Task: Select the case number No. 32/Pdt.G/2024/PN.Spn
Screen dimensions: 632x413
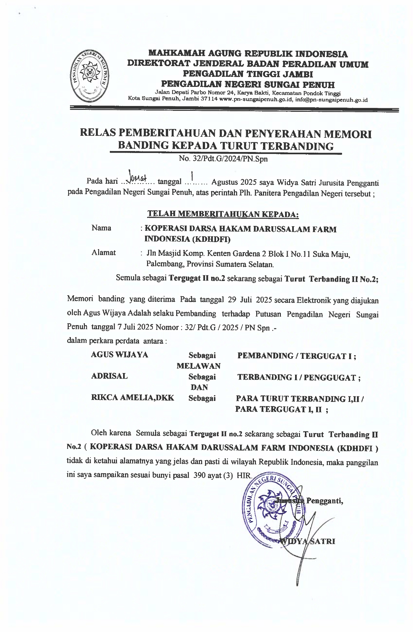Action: (223, 159)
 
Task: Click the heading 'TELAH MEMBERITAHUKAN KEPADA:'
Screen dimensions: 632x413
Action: (223, 214)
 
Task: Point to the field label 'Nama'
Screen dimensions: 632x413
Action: (101, 228)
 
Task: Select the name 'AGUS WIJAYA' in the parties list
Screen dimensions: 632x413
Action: (119, 355)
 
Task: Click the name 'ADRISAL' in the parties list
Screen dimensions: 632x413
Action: (109, 376)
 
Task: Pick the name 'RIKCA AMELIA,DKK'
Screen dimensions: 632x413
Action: (132, 398)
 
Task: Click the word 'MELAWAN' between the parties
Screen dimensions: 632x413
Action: (198, 366)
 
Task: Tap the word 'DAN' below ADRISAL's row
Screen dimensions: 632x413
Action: (199, 387)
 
